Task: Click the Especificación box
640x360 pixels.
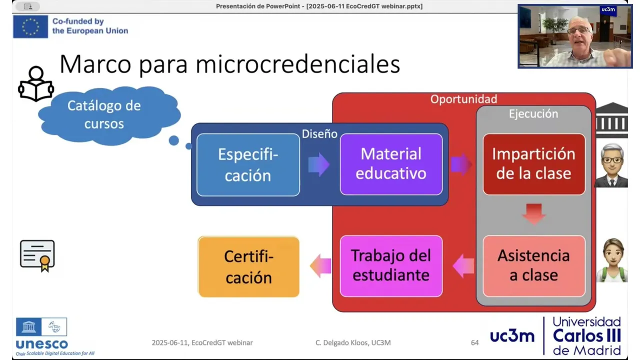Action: (248, 165)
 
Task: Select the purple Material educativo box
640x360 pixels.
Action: (391, 164)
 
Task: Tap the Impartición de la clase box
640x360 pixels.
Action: (534, 164)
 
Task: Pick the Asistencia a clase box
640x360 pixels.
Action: (534, 266)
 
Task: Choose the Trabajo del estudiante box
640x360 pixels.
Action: (391, 266)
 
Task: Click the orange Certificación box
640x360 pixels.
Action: (248, 266)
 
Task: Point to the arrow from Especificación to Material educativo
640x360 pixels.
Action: (319, 164)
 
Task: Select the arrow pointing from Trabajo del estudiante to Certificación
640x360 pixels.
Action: (320, 265)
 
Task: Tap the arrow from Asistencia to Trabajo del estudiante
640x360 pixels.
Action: (463, 266)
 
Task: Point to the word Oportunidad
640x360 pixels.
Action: (463, 99)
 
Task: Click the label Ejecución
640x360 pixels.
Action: (533, 113)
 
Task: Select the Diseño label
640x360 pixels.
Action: (319, 134)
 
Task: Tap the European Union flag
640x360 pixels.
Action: (30, 26)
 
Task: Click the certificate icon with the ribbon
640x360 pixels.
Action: (37, 255)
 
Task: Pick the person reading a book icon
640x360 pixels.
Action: (36, 84)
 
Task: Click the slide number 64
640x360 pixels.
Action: (474, 342)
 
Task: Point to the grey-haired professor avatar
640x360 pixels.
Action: (611, 165)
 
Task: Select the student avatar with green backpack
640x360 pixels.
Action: (612, 260)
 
